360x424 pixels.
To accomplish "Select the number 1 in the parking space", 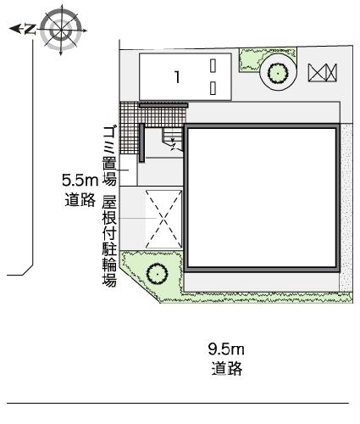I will [177, 77].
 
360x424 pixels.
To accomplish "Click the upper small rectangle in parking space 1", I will [214, 65].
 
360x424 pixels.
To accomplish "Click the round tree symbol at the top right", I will [277, 75].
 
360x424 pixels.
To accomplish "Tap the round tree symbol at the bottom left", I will [157, 273].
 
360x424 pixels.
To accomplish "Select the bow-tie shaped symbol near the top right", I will [323, 74].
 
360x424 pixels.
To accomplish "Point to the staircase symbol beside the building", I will [171, 141].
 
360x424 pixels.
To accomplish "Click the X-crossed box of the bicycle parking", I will [163, 219].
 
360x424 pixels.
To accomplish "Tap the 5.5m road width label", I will [81, 180].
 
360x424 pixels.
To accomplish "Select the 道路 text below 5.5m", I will [80, 200].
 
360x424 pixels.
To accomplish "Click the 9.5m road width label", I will [226, 349].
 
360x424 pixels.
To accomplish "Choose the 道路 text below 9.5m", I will [225, 369].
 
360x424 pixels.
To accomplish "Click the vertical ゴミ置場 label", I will [109, 153].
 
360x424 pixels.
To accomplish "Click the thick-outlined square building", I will [263, 197].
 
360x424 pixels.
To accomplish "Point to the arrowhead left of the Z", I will [13, 29].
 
